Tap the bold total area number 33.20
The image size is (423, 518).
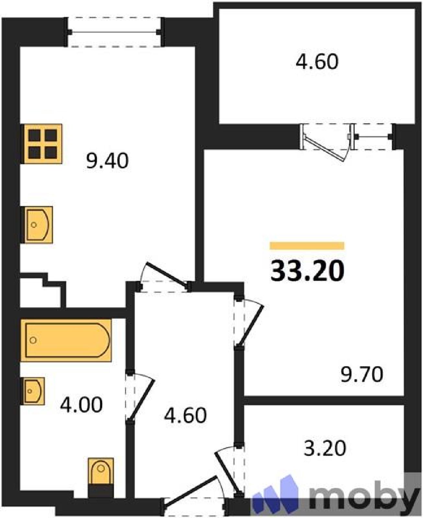point(307,271)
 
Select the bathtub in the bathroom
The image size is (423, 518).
point(66,340)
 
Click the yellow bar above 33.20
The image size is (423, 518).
point(307,246)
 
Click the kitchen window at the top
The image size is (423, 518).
point(114,32)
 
